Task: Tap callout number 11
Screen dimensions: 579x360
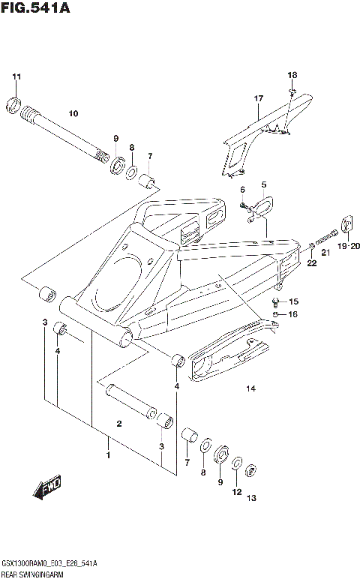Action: (16, 77)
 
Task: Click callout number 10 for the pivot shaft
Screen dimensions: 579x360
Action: (73, 114)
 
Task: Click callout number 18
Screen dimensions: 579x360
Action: (292, 75)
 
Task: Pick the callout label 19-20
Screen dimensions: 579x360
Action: (349, 246)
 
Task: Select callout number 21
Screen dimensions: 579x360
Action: (325, 253)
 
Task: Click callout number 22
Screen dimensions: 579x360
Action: (311, 262)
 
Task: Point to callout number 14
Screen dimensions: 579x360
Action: (250, 388)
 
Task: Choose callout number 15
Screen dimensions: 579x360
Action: (294, 301)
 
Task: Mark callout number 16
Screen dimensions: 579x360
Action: (294, 314)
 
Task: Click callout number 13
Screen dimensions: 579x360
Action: (251, 498)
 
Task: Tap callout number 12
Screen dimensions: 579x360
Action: (237, 493)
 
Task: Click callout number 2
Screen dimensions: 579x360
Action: (118, 424)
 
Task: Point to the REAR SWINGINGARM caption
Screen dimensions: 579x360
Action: (37, 571)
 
